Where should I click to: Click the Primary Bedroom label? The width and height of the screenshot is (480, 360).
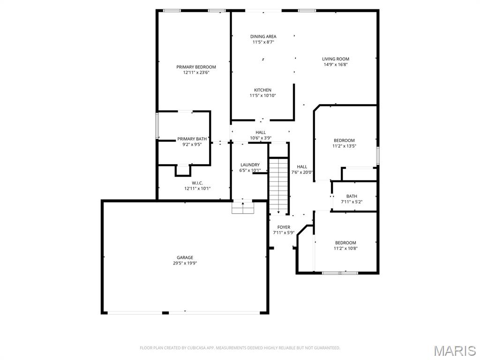(196, 67)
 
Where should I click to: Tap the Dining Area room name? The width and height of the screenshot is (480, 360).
(263, 37)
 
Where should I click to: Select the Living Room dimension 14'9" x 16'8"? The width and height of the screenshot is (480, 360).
(336, 65)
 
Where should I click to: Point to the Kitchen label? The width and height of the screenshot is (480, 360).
(262, 90)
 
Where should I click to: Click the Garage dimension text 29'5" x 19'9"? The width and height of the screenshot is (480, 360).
(185, 263)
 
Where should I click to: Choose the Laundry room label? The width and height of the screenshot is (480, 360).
(250, 165)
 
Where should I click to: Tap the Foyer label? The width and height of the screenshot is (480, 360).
(284, 227)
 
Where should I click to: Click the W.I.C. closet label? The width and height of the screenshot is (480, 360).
(197, 183)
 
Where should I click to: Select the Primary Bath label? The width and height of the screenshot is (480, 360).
(192, 139)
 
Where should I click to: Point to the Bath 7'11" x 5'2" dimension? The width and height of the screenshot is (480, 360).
(352, 202)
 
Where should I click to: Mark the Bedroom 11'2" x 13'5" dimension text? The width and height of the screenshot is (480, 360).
(345, 146)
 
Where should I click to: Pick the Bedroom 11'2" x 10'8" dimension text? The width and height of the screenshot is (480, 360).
(345, 248)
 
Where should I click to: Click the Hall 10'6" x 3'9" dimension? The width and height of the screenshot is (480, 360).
(261, 138)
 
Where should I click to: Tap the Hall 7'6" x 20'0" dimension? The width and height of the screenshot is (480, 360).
(302, 172)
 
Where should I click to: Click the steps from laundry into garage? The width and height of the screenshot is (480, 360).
(243, 208)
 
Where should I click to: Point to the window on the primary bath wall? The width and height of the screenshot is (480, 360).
(157, 126)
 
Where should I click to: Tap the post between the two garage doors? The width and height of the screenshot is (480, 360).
(165, 313)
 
